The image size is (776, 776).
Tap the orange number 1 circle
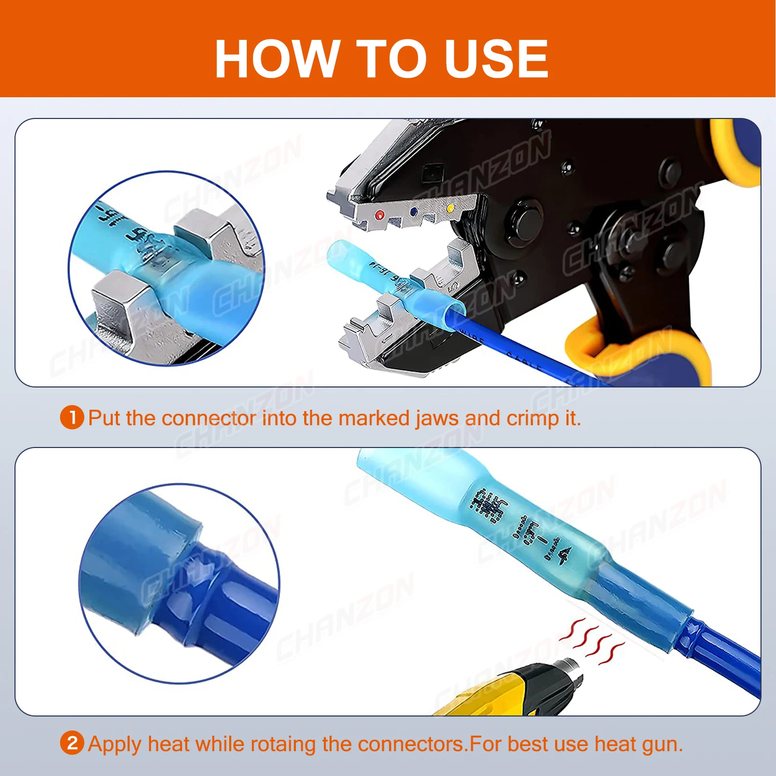72,417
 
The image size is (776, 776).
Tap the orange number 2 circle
72,743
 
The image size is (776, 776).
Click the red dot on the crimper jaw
380,215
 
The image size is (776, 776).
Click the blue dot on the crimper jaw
413,212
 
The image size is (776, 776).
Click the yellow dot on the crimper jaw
450,208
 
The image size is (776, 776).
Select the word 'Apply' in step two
115,744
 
